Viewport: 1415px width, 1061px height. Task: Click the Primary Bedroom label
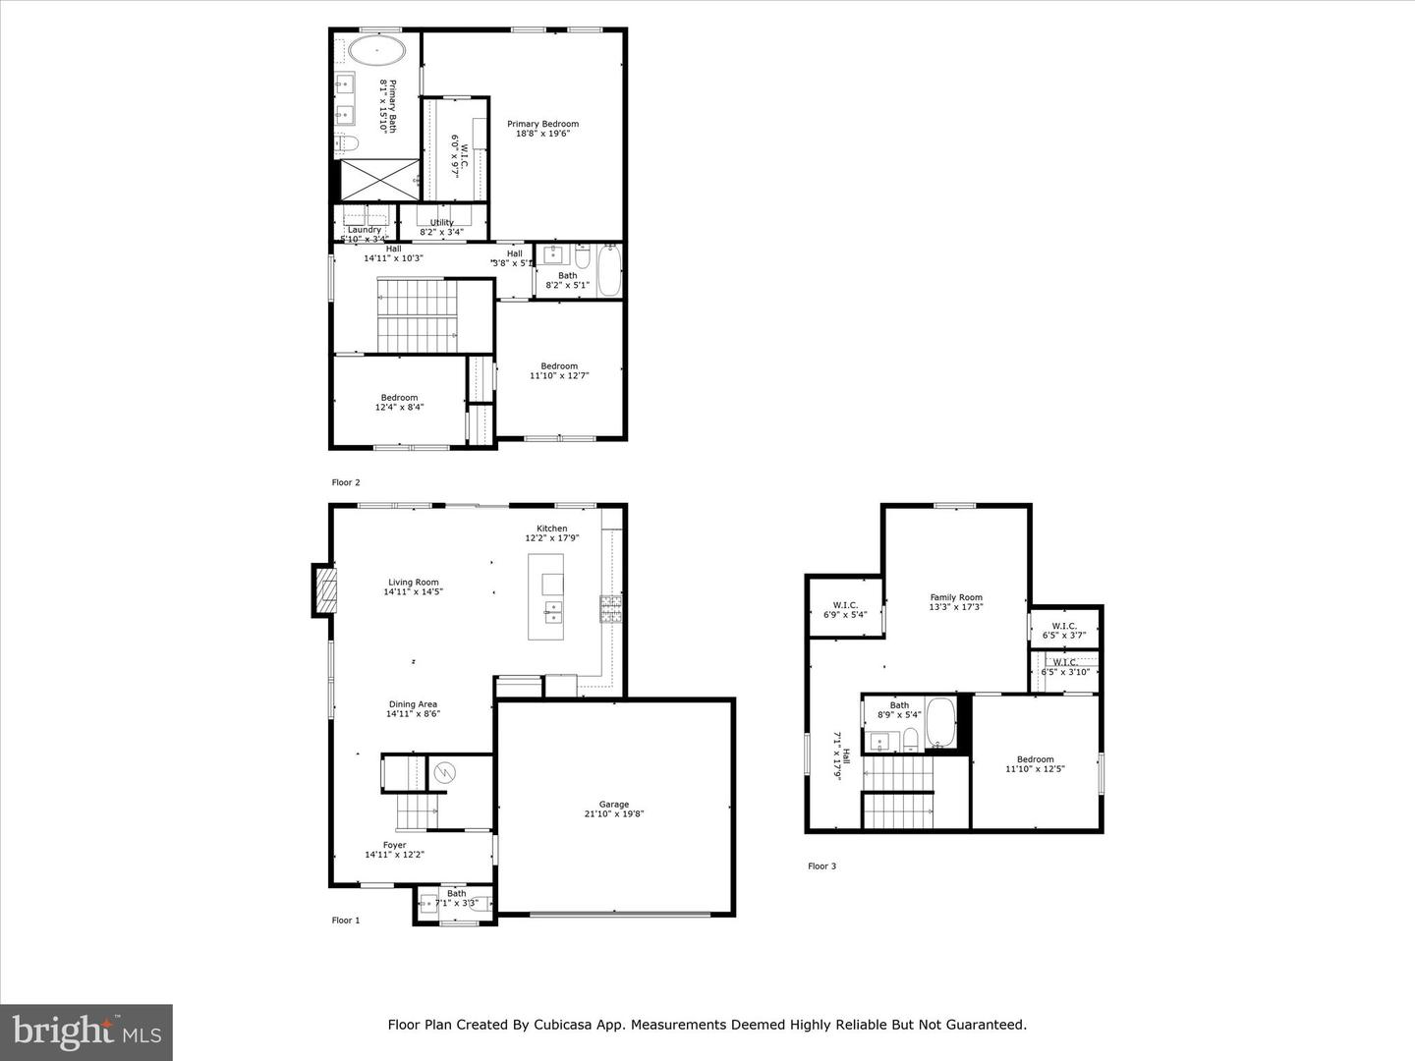(542, 125)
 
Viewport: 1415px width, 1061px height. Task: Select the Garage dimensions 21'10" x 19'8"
(614, 813)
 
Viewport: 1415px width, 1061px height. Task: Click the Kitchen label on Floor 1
(551, 529)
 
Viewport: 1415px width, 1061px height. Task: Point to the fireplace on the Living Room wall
(325, 589)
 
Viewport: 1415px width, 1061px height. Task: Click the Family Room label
(956, 597)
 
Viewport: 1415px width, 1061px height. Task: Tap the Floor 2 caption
(346, 482)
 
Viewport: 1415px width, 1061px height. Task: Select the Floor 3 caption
(821, 866)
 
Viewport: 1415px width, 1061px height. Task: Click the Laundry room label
(364, 230)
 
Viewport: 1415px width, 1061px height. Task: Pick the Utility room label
(442, 223)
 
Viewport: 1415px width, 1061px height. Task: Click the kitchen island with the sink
(546, 596)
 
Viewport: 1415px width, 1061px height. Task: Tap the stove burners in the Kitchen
(611, 609)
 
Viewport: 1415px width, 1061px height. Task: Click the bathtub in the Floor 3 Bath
(940, 723)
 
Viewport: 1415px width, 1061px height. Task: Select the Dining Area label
(413, 704)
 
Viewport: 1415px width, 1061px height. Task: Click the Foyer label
(394, 845)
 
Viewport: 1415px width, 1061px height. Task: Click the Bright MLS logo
(86, 1032)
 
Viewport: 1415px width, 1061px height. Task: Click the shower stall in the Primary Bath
(378, 179)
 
